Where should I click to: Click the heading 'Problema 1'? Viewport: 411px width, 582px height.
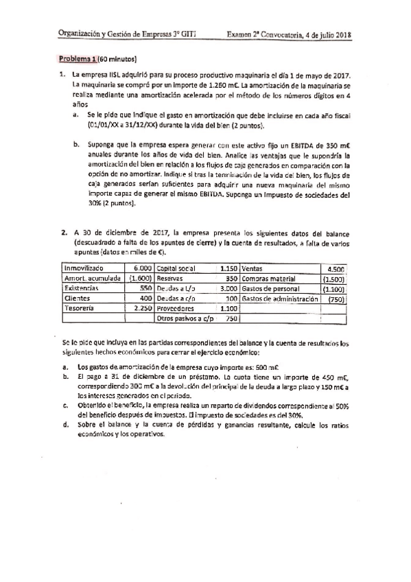pos(78,58)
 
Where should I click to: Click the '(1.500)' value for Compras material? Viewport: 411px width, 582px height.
pos(334,279)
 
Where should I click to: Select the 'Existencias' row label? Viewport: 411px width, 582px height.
pos(82,289)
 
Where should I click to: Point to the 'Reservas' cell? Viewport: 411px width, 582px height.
pos(171,279)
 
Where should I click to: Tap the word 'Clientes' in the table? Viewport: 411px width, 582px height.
pos(77,299)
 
